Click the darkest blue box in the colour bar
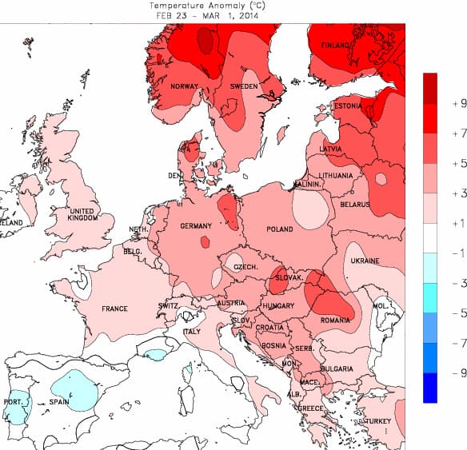point(431,388)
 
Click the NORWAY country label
point(184,86)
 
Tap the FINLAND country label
point(336,46)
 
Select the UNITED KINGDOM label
point(82,215)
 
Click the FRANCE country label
point(114,309)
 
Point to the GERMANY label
point(196,226)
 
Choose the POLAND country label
point(280,229)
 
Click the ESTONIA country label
point(348,106)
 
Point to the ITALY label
point(192,332)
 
